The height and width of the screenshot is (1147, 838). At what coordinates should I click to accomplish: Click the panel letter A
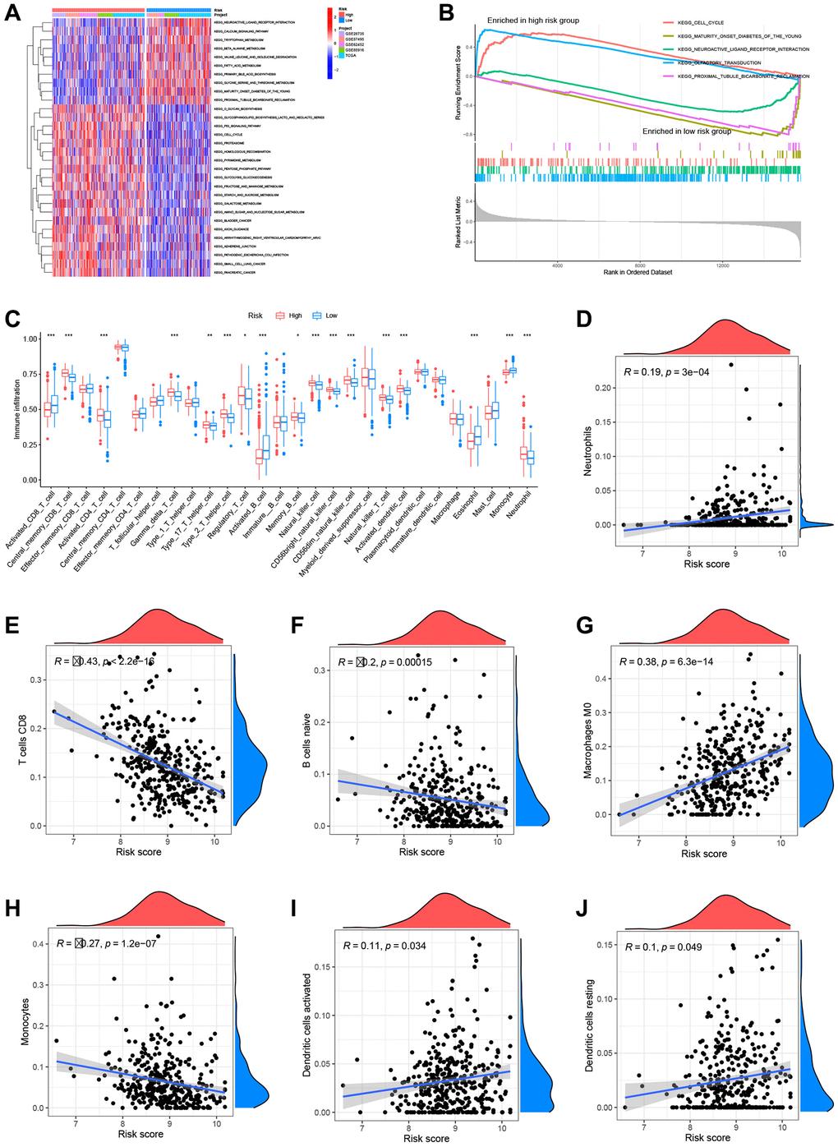[12, 13]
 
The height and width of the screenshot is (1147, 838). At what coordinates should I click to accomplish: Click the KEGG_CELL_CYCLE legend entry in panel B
[701, 23]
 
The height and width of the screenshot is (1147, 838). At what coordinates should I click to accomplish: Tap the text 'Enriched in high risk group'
[532, 21]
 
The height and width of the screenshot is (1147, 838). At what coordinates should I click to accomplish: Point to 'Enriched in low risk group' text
[686, 131]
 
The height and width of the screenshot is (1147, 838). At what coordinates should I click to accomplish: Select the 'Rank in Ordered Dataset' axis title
[638, 272]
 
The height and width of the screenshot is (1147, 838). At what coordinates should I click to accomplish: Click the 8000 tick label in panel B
[640, 265]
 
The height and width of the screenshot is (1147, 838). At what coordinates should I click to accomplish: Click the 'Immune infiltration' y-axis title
[16, 409]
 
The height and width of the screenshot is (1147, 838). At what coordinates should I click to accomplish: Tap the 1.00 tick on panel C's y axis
[30, 339]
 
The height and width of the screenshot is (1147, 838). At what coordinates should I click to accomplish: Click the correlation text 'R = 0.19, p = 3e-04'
[666, 372]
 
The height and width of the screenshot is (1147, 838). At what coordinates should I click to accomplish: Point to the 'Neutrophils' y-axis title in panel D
[587, 450]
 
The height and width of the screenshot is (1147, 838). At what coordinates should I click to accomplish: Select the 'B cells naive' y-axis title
[306, 741]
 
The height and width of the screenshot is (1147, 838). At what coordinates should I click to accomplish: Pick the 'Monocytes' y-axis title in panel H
[25, 1021]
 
